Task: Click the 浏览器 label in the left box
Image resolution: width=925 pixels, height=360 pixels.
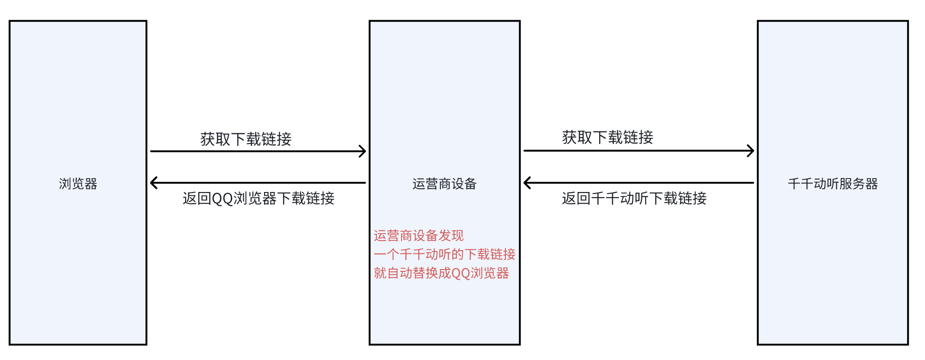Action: (x=78, y=184)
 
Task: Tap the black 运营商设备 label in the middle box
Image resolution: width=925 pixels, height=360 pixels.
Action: (x=444, y=184)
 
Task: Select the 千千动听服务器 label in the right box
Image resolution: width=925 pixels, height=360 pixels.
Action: (x=833, y=184)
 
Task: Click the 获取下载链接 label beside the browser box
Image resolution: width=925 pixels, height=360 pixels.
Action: (x=246, y=139)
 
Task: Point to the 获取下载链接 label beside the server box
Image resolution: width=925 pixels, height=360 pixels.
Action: (x=607, y=137)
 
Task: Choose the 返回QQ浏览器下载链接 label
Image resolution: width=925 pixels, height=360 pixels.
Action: (x=258, y=198)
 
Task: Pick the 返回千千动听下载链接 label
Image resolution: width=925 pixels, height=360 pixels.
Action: (x=634, y=198)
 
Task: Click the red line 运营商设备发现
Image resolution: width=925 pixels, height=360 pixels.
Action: (x=419, y=236)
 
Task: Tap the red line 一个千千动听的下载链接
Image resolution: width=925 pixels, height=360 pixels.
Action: (x=444, y=254)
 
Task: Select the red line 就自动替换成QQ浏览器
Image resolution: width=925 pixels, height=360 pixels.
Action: (x=441, y=273)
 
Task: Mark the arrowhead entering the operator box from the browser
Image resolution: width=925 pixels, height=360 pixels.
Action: (x=363, y=151)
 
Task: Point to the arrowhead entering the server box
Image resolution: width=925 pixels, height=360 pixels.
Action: (x=751, y=150)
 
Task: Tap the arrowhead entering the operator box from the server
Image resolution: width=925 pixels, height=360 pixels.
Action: (x=527, y=183)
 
